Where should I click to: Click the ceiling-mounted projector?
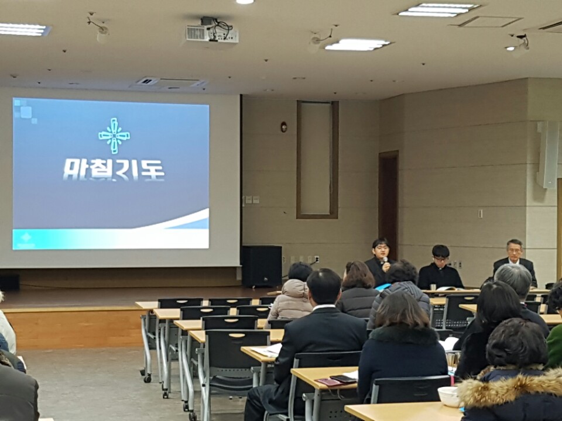tap(212, 31)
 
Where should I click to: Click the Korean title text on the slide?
tap(114, 170)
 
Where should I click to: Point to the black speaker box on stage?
tap(262, 266)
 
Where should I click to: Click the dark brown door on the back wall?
tap(389, 201)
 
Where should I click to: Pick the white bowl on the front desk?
tap(449, 396)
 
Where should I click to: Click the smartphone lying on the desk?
tap(343, 378)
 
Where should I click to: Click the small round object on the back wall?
tap(283, 127)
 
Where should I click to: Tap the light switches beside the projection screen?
tap(252, 200)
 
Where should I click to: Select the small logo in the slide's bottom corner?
tap(26, 239)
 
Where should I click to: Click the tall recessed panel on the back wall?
tap(317, 160)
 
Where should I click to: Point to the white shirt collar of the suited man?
tap(323, 307)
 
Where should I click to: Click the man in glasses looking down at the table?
tap(440, 267)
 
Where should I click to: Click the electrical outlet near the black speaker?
tap(317, 259)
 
